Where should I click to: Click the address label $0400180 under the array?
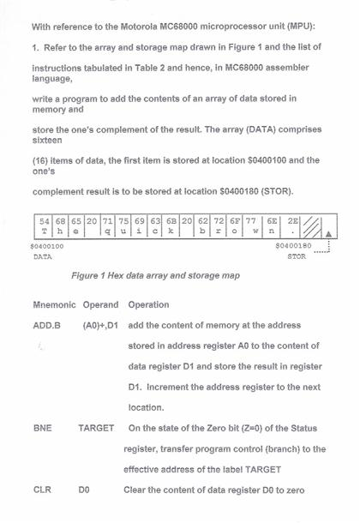click(x=292, y=246)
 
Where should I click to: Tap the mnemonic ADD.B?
click(x=47, y=326)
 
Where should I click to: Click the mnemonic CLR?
click(x=43, y=490)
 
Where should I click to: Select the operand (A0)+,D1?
click(x=99, y=326)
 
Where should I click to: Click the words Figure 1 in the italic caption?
click(x=93, y=276)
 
